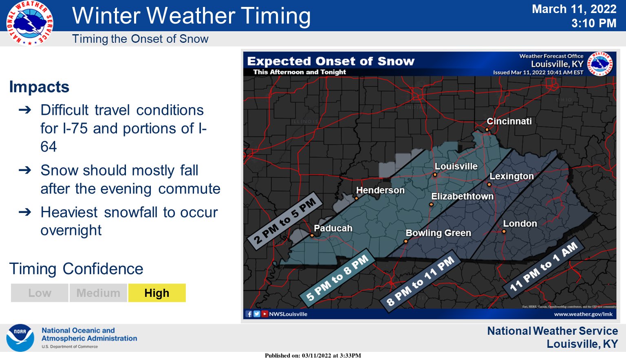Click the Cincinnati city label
(509, 121)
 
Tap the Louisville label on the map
(456, 167)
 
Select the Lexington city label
(511, 176)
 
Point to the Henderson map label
(380, 190)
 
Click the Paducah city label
(333, 228)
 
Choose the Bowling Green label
(438, 233)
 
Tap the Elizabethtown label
(462, 196)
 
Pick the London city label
(520, 224)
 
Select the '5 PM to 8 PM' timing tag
(337, 278)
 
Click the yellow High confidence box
(157, 293)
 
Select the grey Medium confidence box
(98, 293)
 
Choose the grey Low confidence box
(40, 293)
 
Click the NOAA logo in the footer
(20, 338)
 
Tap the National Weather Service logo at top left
(29, 23)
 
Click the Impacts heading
(39, 87)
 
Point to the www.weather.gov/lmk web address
(583, 314)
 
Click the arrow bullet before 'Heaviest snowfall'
(25, 212)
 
